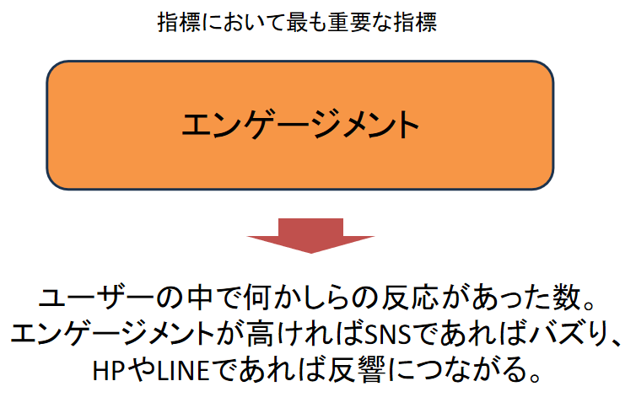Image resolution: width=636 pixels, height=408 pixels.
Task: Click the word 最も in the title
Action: [x=306, y=22]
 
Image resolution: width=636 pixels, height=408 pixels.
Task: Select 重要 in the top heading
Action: [x=348, y=22]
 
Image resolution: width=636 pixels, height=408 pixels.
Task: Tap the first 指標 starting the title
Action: [x=179, y=22]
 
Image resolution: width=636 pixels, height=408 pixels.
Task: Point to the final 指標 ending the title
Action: [x=415, y=22]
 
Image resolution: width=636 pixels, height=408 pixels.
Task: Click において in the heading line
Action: [x=243, y=22]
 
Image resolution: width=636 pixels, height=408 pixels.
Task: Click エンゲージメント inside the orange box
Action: [x=300, y=125]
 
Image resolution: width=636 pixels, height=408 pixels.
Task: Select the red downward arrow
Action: [x=310, y=236]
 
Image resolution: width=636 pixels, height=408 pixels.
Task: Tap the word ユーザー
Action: [x=96, y=298]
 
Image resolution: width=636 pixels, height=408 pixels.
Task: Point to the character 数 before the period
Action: [x=567, y=298]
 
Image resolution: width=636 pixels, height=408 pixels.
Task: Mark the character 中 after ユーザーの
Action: [x=200, y=298]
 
